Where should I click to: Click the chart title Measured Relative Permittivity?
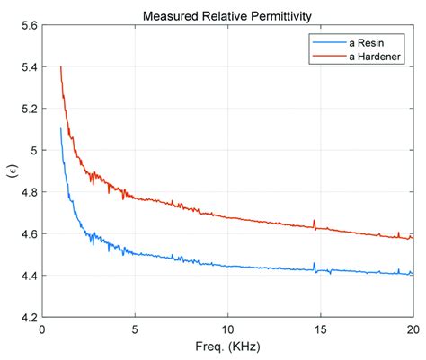(x=226, y=15)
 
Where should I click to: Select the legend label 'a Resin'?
(x=362, y=42)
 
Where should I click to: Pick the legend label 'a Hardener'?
(x=369, y=56)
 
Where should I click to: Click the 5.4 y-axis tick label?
(x=26, y=67)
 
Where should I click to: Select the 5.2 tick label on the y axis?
(x=26, y=109)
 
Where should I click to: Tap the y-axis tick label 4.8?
(x=26, y=192)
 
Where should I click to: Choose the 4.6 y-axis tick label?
(x=26, y=233)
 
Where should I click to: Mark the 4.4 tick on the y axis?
(x=26, y=276)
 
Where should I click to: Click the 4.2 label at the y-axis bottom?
(x=26, y=317)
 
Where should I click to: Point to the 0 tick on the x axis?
(x=42, y=329)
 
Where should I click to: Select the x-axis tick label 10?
(x=227, y=329)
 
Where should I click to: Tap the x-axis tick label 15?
(x=320, y=329)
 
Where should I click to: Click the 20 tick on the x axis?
(x=412, y=329)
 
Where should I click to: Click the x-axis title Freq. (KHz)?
(x=226, y=347)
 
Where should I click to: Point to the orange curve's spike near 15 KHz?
(x=315, y=221)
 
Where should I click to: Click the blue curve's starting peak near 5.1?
(x=60, y=129)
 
